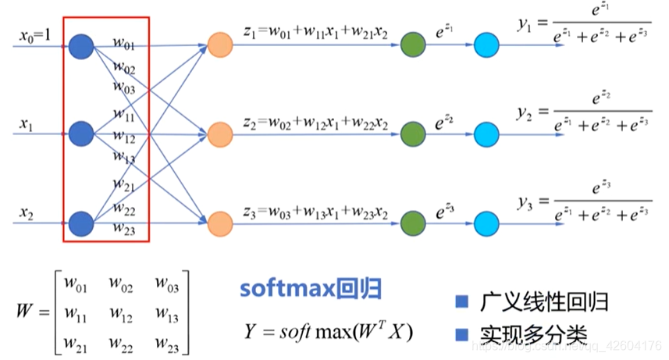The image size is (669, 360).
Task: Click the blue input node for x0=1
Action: coord(81,46)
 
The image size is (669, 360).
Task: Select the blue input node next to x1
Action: coord(81,134)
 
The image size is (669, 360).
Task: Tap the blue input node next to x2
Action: coord(81,223)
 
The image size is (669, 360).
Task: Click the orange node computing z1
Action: coord(219,46)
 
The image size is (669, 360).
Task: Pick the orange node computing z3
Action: coord(219,223)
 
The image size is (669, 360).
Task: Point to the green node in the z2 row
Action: coord(412,134)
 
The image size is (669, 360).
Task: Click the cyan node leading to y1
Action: coord(486,46)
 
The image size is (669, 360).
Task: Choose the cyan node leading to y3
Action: coord(486,223)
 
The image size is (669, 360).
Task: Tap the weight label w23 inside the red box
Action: coord(124,229)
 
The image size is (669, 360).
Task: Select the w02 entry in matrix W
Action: coord(122,287)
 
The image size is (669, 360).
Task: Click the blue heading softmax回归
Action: coord(310,290)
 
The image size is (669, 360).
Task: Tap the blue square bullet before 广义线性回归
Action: coord(461,301)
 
